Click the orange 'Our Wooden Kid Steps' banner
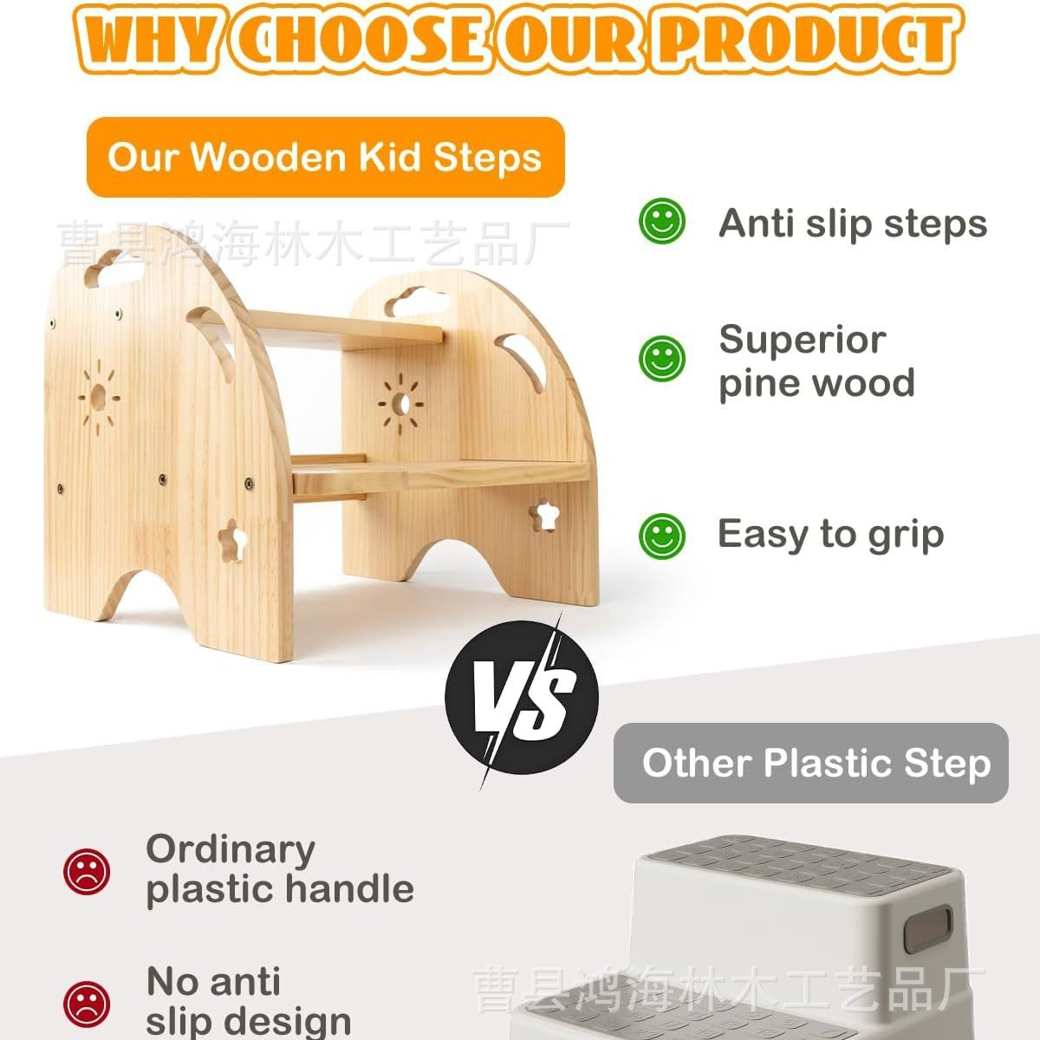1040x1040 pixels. click(x=325, y=158)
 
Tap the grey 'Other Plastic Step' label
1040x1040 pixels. click(x=811, y=764)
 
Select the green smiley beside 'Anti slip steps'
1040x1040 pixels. click(x=661, y=221)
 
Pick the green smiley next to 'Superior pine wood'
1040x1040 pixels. click(x=661, y=358)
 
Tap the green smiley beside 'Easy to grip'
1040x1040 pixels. click(x=661, y=535)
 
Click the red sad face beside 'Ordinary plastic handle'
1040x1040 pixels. click(x=86, y=871)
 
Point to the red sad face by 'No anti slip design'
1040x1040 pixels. click(x=86, y=1003)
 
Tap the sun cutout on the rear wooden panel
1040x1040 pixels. click(x=400, y=402)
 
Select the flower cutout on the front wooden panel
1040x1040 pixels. click(x=233, y=540)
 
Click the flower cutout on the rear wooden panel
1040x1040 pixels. click(x=543, y=517)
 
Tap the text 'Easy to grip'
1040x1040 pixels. click(x=829, y=534)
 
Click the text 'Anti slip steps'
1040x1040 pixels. click(x=852, y=223)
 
